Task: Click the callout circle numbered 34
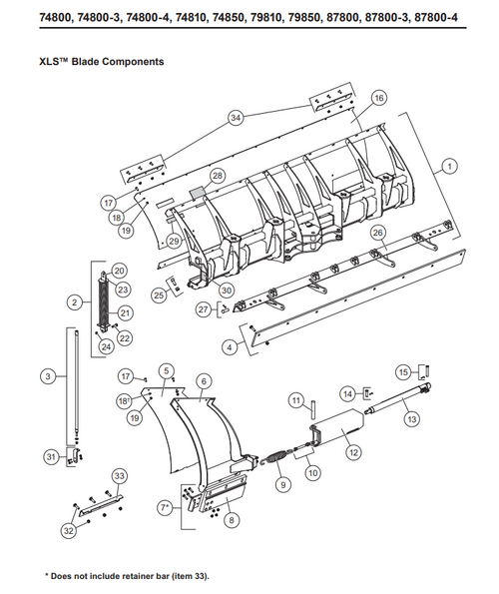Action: click(235, 117)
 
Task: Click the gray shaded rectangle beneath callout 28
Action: click(196, 189)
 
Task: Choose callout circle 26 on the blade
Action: click(377, 233)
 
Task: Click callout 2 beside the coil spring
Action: click(74, 300)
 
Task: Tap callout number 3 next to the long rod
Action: click(47, 376)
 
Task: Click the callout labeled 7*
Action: click(163, 509)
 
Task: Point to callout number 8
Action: click(232, 519)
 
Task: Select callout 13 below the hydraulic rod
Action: click(412, 421)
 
